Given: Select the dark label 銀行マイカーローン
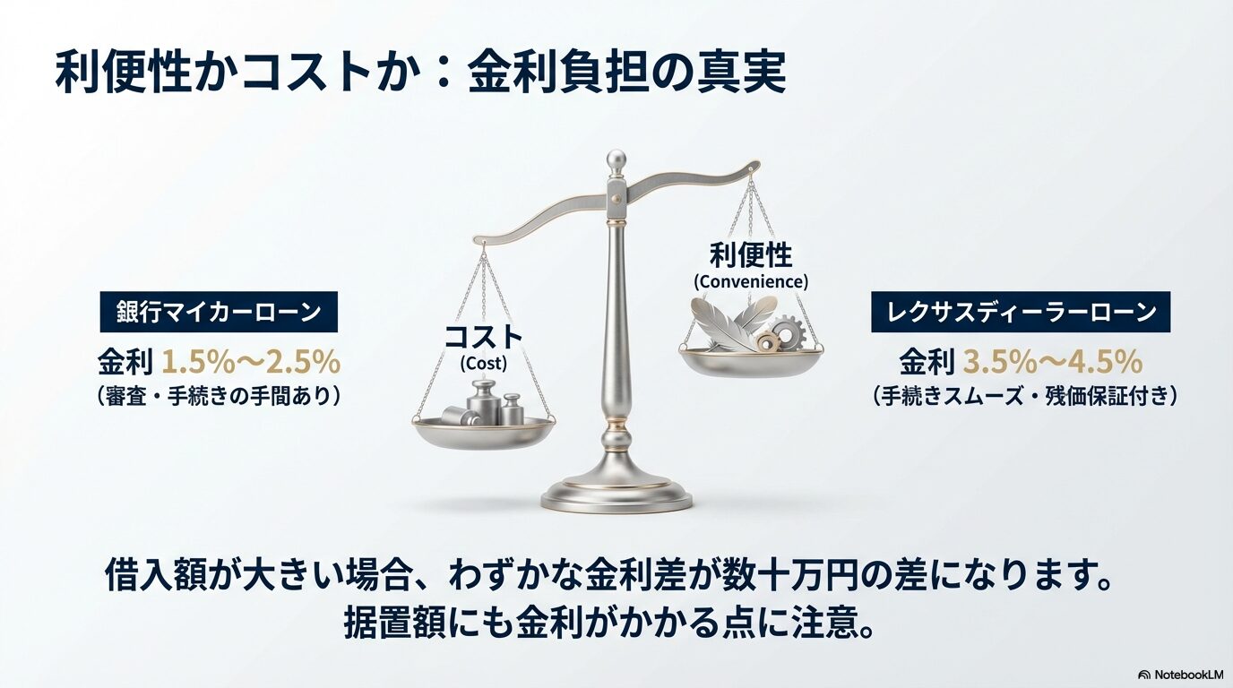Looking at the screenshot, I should pos(218,313).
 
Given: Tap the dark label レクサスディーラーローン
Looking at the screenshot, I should pos(1021,313).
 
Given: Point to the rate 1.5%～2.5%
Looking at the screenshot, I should pos(250,362).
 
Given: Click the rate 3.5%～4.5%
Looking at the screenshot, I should pos(1052,362).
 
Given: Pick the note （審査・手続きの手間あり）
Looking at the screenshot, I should pos(218,395).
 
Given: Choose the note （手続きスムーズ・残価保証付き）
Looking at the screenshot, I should pos(1021,395).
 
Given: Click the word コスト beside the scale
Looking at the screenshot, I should pos(484,338).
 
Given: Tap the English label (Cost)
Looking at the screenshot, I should pos(483,364).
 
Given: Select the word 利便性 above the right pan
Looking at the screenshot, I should pos(751,255).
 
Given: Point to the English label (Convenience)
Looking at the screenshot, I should pos(751,281).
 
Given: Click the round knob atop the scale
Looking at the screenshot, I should pos(616,159).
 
